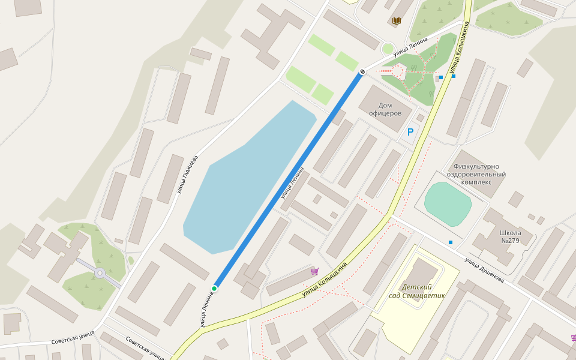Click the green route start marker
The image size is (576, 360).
(x=214, y=289)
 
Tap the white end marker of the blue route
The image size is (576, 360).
(x=362, y=73)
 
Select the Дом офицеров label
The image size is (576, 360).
(x=385, y=109)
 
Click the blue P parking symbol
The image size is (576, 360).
(x=410, y=132)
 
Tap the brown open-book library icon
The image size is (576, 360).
(x=396, y=21)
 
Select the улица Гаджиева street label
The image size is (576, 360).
(x=187, y=175)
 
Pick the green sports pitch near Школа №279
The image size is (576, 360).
(x=448, y=203)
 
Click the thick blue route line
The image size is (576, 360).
(x=288, y=181)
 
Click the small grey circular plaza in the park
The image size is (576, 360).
(x=100, y=274)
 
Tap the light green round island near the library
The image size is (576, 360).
(x=388, y=48)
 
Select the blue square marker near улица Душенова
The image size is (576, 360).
(x=451, y=242)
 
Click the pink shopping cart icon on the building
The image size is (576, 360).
(x=314, y=271)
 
